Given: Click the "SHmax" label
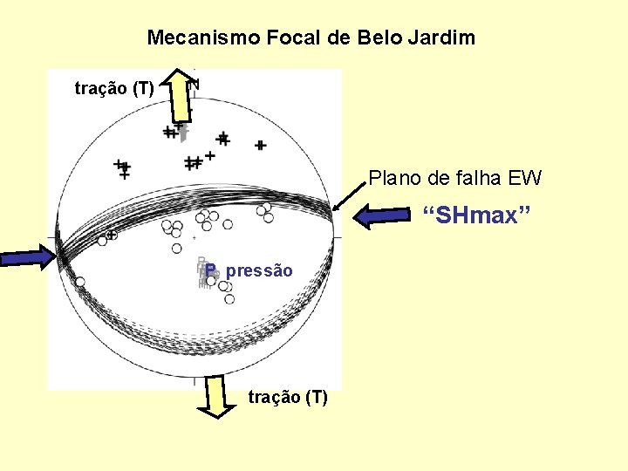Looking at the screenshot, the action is (470, 215).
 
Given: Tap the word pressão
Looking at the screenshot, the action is (259, 271).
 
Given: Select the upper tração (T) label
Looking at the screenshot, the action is (114, 88).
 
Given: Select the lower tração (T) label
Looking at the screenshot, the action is (288, 398).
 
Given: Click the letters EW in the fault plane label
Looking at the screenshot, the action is (525, 179).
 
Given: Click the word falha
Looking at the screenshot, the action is (479, 179).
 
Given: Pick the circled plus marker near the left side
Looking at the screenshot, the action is (112, 235).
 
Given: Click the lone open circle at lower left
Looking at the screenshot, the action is (79, 282).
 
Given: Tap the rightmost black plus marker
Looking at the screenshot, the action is (260, 145).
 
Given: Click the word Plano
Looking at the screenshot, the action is (397, 179).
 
